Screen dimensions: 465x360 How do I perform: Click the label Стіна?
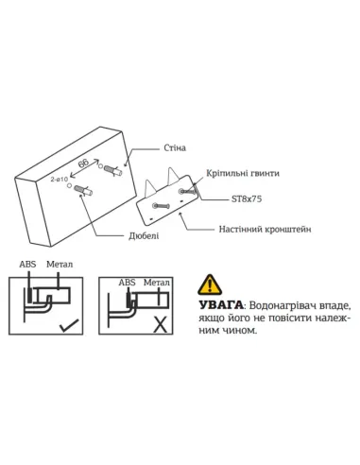[x=174, y=148]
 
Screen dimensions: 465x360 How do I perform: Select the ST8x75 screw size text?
[x=247, y=199]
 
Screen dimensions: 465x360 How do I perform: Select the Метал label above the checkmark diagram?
[x=59, y=265]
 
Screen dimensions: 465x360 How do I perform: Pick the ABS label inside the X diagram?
[x=126, y=282]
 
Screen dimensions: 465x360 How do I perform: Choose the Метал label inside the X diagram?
[x=155, y=282]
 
